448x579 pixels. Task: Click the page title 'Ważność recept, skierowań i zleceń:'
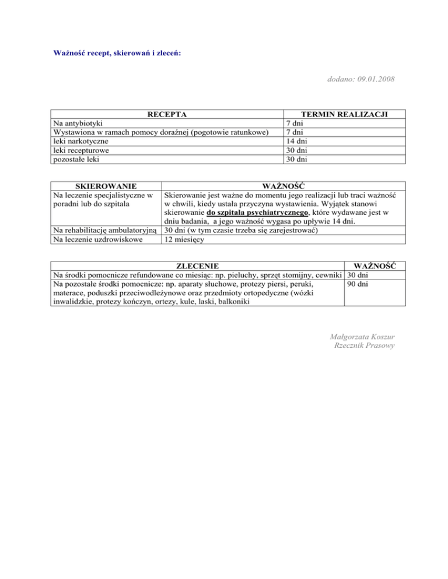pyautogui.click(x=117, y=53)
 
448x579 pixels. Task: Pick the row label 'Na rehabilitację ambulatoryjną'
pyautogui.click(x=106, y=230)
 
